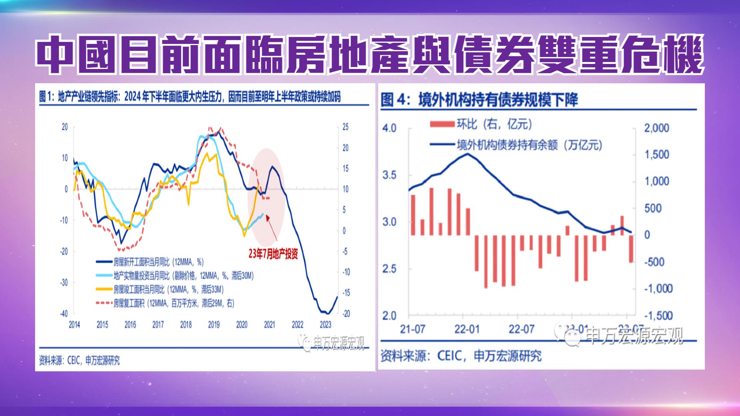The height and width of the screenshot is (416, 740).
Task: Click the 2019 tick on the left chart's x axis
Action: [x=214, y=325]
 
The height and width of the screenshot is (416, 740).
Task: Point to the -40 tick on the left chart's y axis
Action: [x=64, y=314]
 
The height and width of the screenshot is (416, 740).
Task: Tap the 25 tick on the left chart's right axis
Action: [x=345, y=127]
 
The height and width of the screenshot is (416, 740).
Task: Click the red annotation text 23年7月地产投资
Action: [x=273, y=254]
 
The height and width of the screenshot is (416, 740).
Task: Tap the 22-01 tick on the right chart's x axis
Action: [x=467, y=329]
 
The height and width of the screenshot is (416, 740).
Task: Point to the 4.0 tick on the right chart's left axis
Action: [x=389, y=128]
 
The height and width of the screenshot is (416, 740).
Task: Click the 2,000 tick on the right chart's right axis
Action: [x=657, y=128]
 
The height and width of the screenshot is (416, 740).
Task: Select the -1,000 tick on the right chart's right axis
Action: [x=658, y=289]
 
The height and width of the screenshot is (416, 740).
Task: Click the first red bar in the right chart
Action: [x=413, y=215]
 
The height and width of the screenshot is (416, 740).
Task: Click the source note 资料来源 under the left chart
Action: [x=79, y=361]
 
